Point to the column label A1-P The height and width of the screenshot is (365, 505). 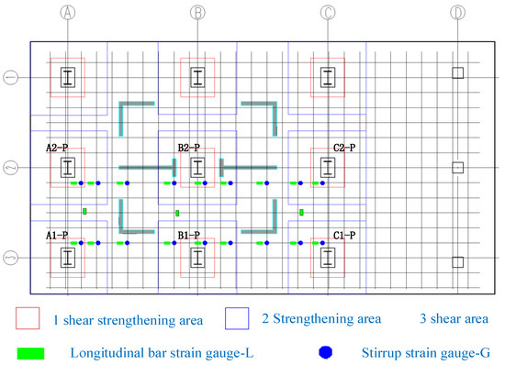(57, 236)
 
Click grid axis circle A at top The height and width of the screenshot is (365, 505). (66, 13)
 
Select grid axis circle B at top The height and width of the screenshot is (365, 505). (196, 13)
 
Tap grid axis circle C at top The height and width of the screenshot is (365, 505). (327, 13)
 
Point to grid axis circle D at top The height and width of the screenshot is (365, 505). (458, 13)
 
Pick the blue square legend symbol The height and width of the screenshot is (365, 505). (238, 318)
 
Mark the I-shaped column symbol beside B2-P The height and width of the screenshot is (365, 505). (196, 168)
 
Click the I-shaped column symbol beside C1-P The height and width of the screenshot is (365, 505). (327, 256)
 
